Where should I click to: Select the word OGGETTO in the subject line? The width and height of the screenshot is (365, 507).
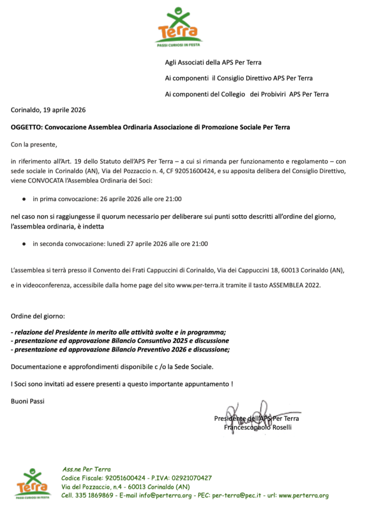tap(26, 127)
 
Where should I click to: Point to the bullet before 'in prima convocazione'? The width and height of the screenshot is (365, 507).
tap(23, 199)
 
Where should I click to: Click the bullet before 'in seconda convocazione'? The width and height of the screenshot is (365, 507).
tap(23, 244)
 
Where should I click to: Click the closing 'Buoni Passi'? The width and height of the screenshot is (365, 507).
tap(28, 401)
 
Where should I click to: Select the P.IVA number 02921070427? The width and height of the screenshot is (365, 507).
tap(187, 478)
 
